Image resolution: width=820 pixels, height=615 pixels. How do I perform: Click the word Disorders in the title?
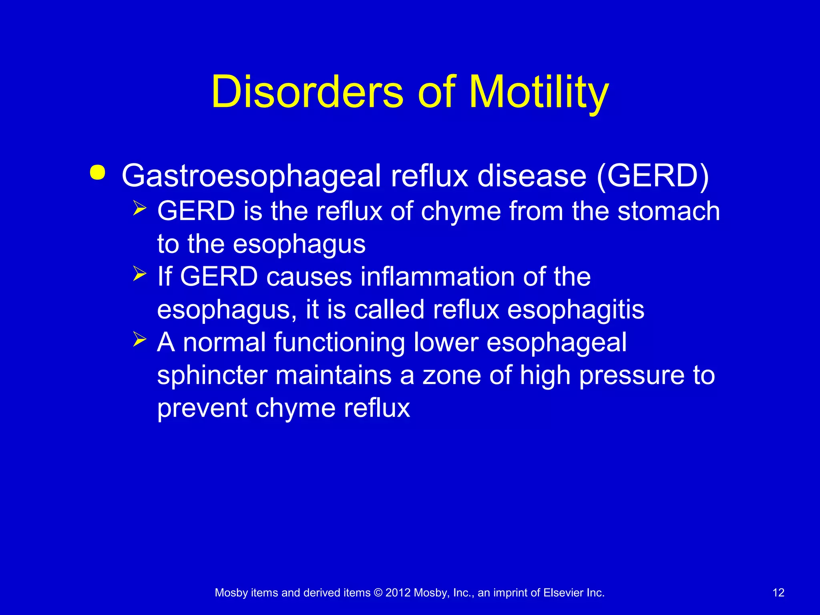click(307, 92)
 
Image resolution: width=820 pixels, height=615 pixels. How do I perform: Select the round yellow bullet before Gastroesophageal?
click(98, 173)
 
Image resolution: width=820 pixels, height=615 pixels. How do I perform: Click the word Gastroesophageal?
click(251, 176)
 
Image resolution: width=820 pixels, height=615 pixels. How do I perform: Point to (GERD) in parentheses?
click(653, 176)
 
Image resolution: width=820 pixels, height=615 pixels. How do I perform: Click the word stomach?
click(669, 211)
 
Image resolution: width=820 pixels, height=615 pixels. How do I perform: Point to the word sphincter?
click(212, 376)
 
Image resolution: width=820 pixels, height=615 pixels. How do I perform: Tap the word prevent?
click(202, 408)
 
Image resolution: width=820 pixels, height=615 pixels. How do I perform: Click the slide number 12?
click(778, 593)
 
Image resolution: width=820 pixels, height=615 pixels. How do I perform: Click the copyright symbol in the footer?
click(378, 593)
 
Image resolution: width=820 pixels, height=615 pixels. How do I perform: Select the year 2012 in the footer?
click(398, 593)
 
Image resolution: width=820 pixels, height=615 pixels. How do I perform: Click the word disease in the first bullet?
click(532, 176)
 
